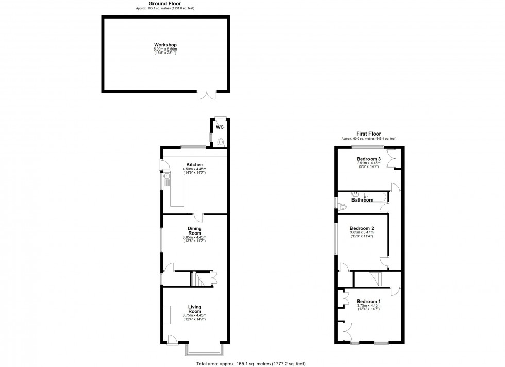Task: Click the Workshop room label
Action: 165,45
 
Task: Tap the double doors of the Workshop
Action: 207,95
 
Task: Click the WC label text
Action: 219,127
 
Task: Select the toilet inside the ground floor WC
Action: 221,142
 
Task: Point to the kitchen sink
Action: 166,180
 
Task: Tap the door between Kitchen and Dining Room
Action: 198,218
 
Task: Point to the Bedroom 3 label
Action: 368,159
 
